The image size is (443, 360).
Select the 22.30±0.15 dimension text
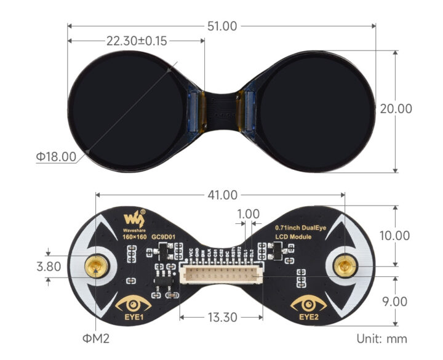[x=137, y=41]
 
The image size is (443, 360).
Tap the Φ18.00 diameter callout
[x=56, y=157]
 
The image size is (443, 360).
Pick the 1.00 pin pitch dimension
[x=247, y=214]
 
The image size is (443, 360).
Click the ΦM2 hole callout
[x=97, y=338]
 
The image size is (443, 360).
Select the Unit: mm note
[x=381, y=338]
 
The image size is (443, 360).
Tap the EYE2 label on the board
[x=309, y=318]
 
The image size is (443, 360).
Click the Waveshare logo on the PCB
[x=134, y=218]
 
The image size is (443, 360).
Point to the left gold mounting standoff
[x=97, y=266]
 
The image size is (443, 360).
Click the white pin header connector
[x=223, y=275]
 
